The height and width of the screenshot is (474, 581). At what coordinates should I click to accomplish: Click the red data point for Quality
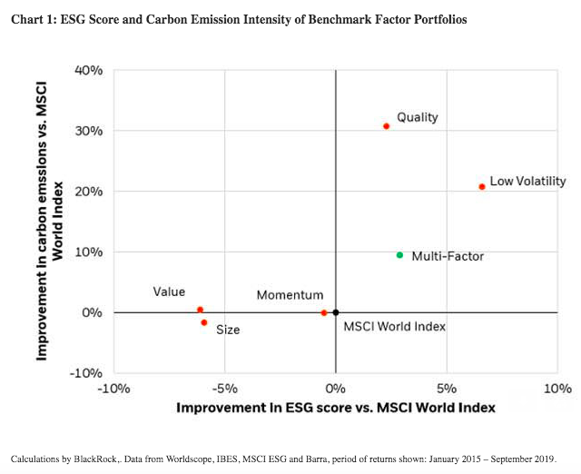coord(386,126)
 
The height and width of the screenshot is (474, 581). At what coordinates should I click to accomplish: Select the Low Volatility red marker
coord(482,187)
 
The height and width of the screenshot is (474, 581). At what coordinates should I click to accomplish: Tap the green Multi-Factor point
coord(399,255)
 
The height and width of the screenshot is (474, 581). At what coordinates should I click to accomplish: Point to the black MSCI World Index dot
coord(336,312)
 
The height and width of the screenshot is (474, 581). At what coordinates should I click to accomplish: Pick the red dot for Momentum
coord(324,312)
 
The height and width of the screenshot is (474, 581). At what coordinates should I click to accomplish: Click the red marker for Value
coord(200,310)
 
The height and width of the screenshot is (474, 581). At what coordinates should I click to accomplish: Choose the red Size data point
coord(204,322)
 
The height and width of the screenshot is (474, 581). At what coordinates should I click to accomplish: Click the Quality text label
coord(418,117)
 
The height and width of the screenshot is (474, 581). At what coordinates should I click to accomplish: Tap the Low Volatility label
coord(527,182)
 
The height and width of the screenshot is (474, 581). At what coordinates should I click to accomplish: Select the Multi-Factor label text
coord(448,256)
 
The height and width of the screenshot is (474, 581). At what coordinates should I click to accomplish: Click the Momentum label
coord(290,295)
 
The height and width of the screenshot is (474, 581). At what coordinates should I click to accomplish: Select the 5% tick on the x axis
coord(446,389)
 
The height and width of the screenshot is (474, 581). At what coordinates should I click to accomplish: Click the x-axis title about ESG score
coord(336,408)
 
